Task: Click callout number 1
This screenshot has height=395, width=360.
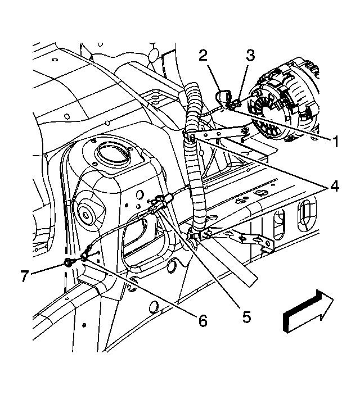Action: [335, 142]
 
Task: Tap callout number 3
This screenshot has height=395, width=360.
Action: [250, 56]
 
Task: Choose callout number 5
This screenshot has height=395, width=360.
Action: [246, 316]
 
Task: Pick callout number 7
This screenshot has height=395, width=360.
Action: [25, 276]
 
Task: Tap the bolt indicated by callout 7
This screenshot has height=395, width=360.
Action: [68, 262]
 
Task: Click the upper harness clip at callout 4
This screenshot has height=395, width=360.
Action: [191, 138]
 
